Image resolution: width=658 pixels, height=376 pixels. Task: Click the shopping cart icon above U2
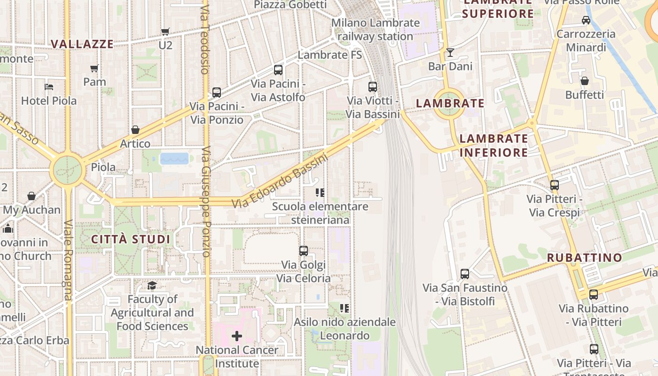point(165,31)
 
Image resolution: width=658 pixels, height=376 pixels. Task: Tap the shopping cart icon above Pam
point(94,68)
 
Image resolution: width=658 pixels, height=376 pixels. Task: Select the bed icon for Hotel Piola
point(49,86)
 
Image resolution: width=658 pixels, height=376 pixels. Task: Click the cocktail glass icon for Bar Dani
point(450,52)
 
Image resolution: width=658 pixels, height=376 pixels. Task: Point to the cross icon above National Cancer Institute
point(237,336)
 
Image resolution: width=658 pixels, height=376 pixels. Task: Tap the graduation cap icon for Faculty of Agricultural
point(152,285)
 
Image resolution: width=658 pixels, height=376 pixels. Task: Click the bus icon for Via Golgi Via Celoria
point(304,251)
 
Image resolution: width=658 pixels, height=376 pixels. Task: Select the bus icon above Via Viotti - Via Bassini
point(373,86)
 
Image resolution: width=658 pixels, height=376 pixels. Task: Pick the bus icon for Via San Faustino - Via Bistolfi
point(465,274)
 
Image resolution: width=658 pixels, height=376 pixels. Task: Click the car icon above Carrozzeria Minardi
point(586,20)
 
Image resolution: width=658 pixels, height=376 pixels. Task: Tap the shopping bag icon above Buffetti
point(585,81)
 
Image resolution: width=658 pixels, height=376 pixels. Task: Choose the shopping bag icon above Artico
point(135,129)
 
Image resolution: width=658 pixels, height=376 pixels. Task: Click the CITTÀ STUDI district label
point(130,239)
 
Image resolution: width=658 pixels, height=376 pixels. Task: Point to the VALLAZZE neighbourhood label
point(82,44)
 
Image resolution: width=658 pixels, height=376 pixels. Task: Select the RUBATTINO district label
point(584,258)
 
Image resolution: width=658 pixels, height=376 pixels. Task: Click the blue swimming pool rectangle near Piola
point(174,158)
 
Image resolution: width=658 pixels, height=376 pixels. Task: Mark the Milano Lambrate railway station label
point(375,29)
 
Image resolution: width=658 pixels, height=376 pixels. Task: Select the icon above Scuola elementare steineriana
point(321,192)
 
